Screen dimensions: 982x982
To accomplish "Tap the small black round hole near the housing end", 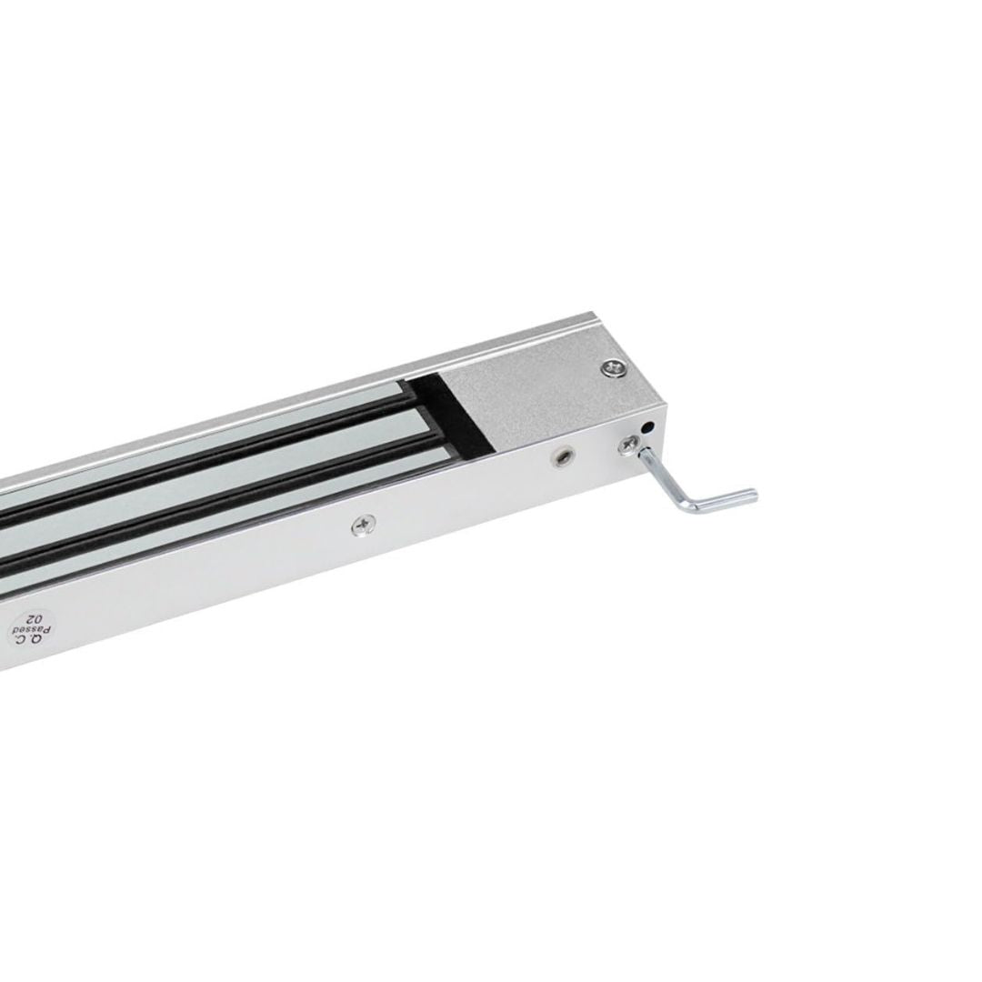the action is [x=649, y=427].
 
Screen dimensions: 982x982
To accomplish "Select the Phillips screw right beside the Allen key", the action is [x=627, y=446].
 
